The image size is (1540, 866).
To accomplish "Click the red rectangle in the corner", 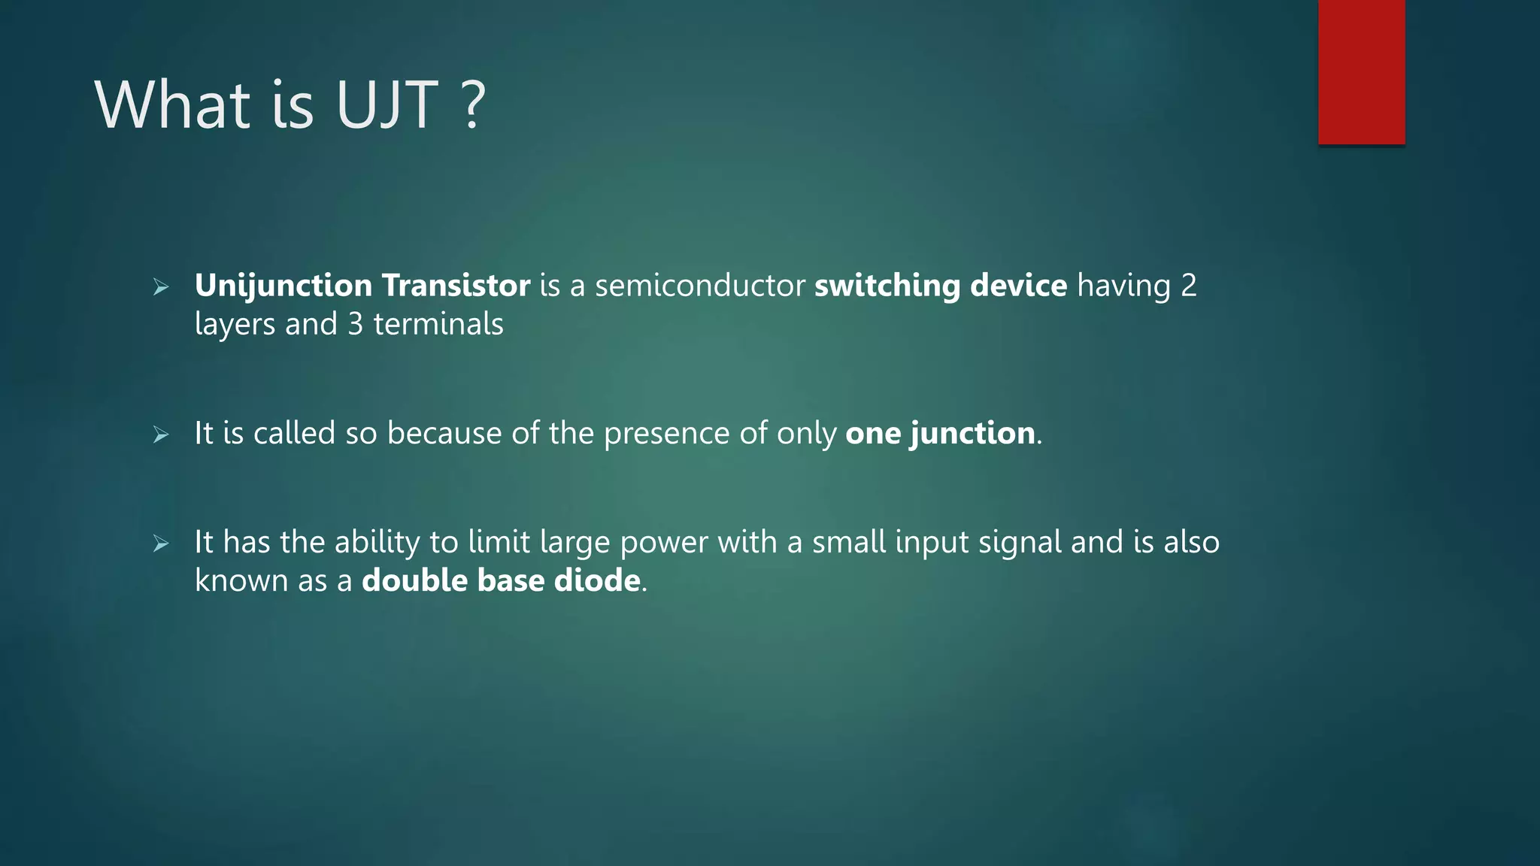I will (1361, 72).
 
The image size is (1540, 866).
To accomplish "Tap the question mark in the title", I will (472, 105).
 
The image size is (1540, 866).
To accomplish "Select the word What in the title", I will (172, 105).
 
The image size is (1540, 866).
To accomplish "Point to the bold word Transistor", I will (456, 286).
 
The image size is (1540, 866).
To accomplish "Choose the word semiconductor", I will (699, 286).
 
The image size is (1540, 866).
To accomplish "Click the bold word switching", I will (887, 286).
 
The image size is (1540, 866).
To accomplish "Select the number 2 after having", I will (1188, 286).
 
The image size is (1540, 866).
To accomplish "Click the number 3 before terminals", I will (355, 325).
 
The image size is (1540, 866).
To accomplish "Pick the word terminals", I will (438, 325).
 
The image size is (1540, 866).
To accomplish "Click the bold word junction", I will (972, 434).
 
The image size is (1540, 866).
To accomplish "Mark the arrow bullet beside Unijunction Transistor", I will (161, 287).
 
